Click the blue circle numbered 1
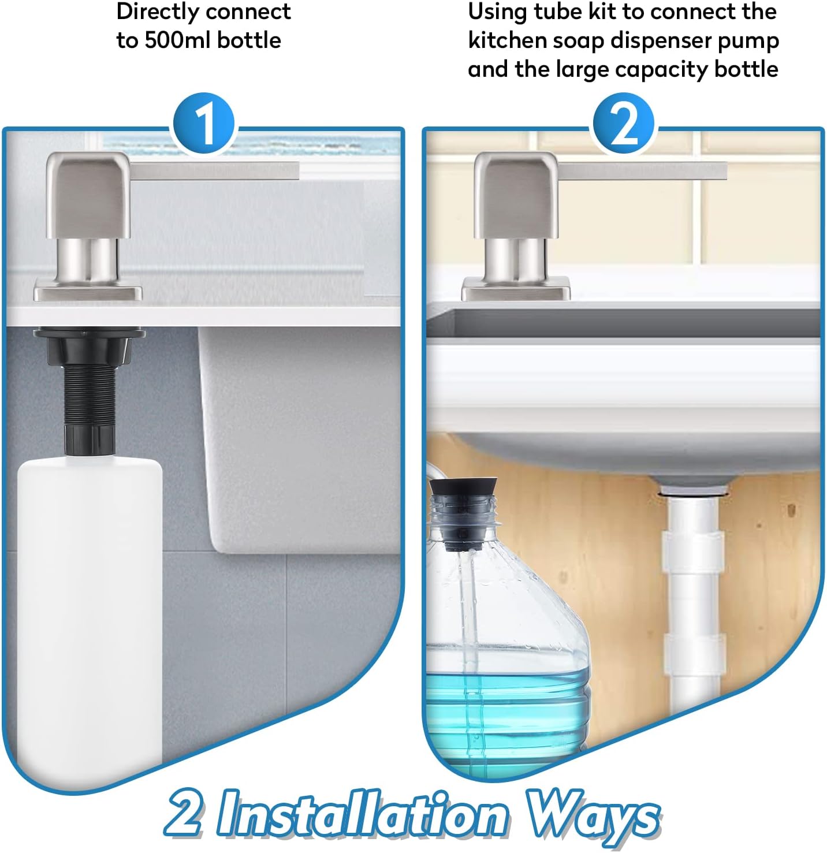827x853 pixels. tap(204, 124)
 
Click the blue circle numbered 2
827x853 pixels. tap(623, 124)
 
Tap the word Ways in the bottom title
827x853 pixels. tap(594, 815)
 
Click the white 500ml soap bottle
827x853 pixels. tap(90, 606)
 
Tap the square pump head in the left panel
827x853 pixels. tap(88, 193)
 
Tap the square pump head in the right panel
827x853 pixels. tap(516, 193)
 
